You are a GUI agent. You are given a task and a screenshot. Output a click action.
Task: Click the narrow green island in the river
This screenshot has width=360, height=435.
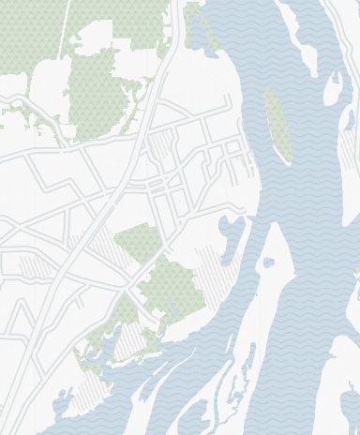pos(275,122)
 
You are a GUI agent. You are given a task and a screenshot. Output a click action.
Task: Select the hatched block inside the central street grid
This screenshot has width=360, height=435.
pos(161,145)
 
